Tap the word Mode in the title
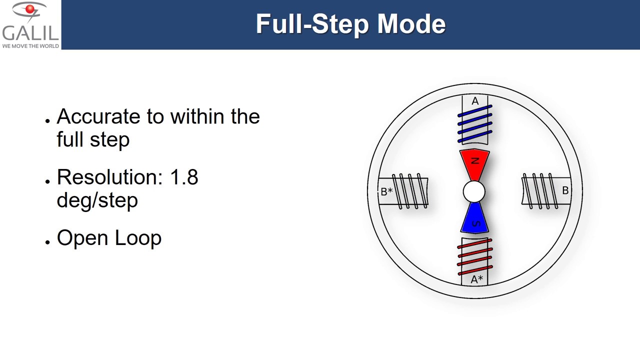[x=411, y=24]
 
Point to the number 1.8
[x=184, y=177]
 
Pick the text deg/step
[x=97, y=200]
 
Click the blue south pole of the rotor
[x=474, y=220]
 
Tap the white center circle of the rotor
[x=474, y=191]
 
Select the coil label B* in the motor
[x=386, y=191]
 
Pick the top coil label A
[x=475, y=101]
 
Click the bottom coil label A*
[x=476, y=279]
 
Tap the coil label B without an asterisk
[x=565, y=190]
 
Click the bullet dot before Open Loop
[x=47, y=241]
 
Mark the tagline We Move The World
[x=30, y=46]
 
